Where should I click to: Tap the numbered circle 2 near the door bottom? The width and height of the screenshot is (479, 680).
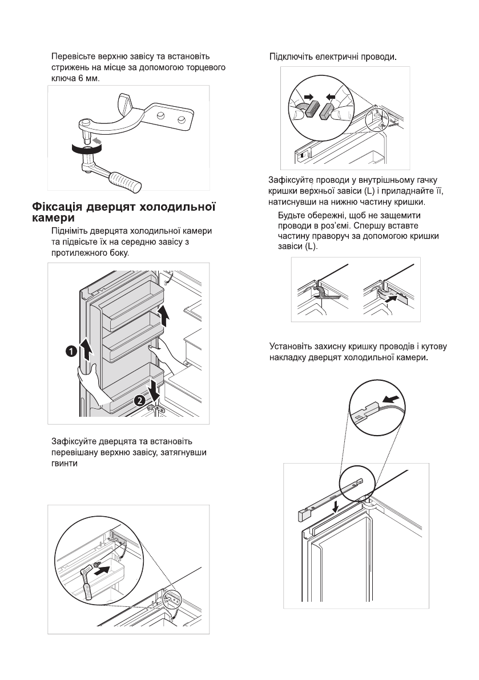138,401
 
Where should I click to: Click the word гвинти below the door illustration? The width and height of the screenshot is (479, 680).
64,463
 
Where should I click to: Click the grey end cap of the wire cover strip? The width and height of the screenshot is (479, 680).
303,516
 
